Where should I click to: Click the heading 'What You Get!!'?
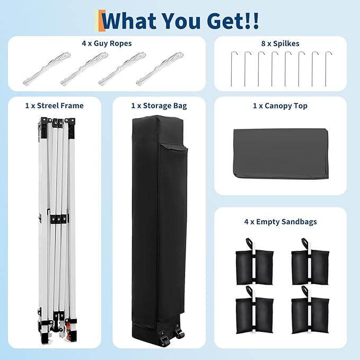point(181,21)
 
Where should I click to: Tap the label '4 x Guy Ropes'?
point(107,43)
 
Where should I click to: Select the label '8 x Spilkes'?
point(280,43)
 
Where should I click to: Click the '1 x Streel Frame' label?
point(55,106)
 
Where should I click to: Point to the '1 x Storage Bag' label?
point(159,106)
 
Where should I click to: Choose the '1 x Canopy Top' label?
point(280,106)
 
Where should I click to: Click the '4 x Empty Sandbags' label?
point(280,222)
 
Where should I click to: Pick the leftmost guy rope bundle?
point(47,68)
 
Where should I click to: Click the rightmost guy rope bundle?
point(160,68)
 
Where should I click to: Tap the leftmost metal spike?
point(231,69)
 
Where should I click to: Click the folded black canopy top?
point(281,153)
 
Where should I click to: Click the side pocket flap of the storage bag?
point(174,147)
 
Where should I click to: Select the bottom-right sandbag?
point(310,310)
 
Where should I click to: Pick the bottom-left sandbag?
point(254,310)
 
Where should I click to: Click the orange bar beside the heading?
point(102,21)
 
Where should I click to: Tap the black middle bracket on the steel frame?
point(59,219)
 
